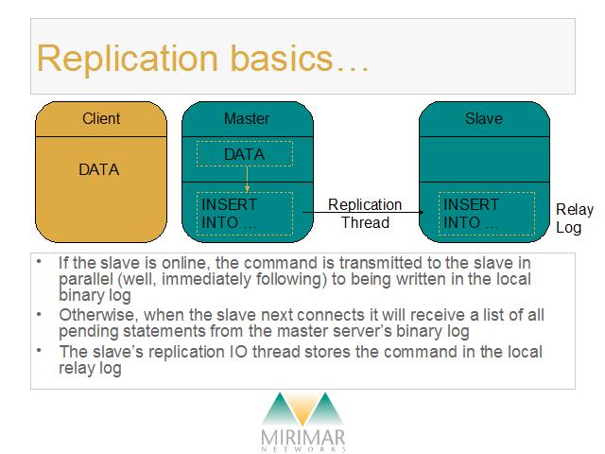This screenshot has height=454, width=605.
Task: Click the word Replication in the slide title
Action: click(x=128, y=59)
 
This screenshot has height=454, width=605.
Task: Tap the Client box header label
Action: click(x=101, y=118)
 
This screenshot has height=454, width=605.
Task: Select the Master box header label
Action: click(x=247, y=118)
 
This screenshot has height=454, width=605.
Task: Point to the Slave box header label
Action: click(x=484, y=118)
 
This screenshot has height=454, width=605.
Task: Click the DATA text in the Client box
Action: click(x=98, y=169)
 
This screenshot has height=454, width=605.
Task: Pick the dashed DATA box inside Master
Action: click(x=245, y=154)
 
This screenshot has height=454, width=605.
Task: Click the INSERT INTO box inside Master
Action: click(x=245, y=214)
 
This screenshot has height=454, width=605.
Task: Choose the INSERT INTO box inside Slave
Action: click(x=487, y=214)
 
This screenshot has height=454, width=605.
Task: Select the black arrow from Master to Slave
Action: click(x=363, y=212)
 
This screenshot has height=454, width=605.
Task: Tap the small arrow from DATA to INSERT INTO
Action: click(x=247, y=179)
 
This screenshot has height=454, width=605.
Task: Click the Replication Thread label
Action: click(x=365, y=214)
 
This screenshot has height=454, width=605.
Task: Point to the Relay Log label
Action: click(x=575, y=218)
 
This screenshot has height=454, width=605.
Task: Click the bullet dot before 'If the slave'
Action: click(x=39, y=261)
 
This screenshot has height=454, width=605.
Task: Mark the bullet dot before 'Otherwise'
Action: click(x=39, y=314)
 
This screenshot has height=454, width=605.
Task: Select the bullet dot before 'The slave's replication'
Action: click(x=39, y=350)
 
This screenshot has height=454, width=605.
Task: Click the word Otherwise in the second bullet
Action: click(x=98, y=315)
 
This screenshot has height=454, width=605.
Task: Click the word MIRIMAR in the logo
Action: click(x=302, y=438)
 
